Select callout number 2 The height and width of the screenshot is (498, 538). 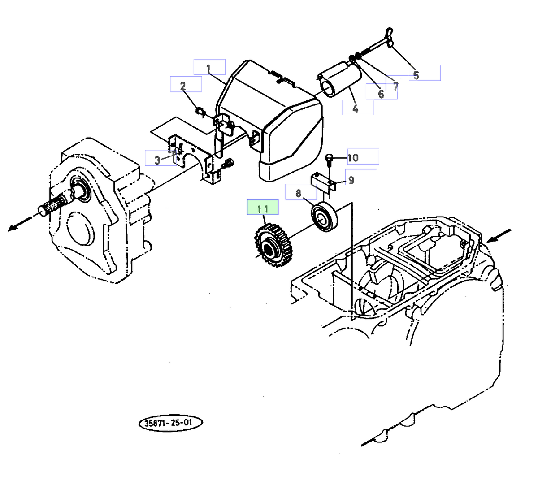click(x=183, y=86)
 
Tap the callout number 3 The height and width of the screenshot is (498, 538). click(x=157, y=160)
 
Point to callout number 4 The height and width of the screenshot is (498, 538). click(x=356, y=108)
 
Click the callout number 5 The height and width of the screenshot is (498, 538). click(x=416, y=75)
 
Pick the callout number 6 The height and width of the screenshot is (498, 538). click(x=381, y=94)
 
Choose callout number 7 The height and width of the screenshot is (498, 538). click(x=396, y=86)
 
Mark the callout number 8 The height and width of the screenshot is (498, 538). click(x=299, y=193)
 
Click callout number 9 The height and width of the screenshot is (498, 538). click(x=351, y=180)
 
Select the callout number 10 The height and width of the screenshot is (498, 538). click(x=353, y=158)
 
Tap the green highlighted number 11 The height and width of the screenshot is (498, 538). click(x=263, y=208)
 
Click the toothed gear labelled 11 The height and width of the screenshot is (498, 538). click(x=270, y=246)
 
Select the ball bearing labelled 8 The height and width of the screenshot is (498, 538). click(x=325, y=217)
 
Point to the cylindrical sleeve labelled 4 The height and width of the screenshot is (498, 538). click(x=340, y=79)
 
